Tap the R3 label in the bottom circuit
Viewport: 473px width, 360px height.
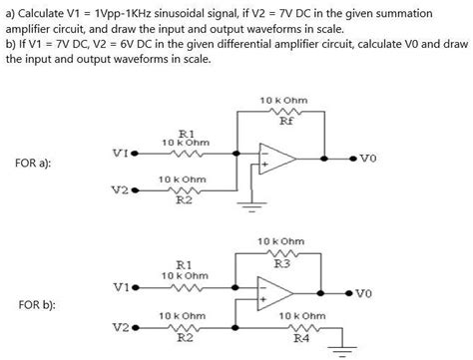pos(282,264)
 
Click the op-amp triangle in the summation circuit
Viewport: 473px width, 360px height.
pos(275,158)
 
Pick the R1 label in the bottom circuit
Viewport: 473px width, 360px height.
pos(184,265)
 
